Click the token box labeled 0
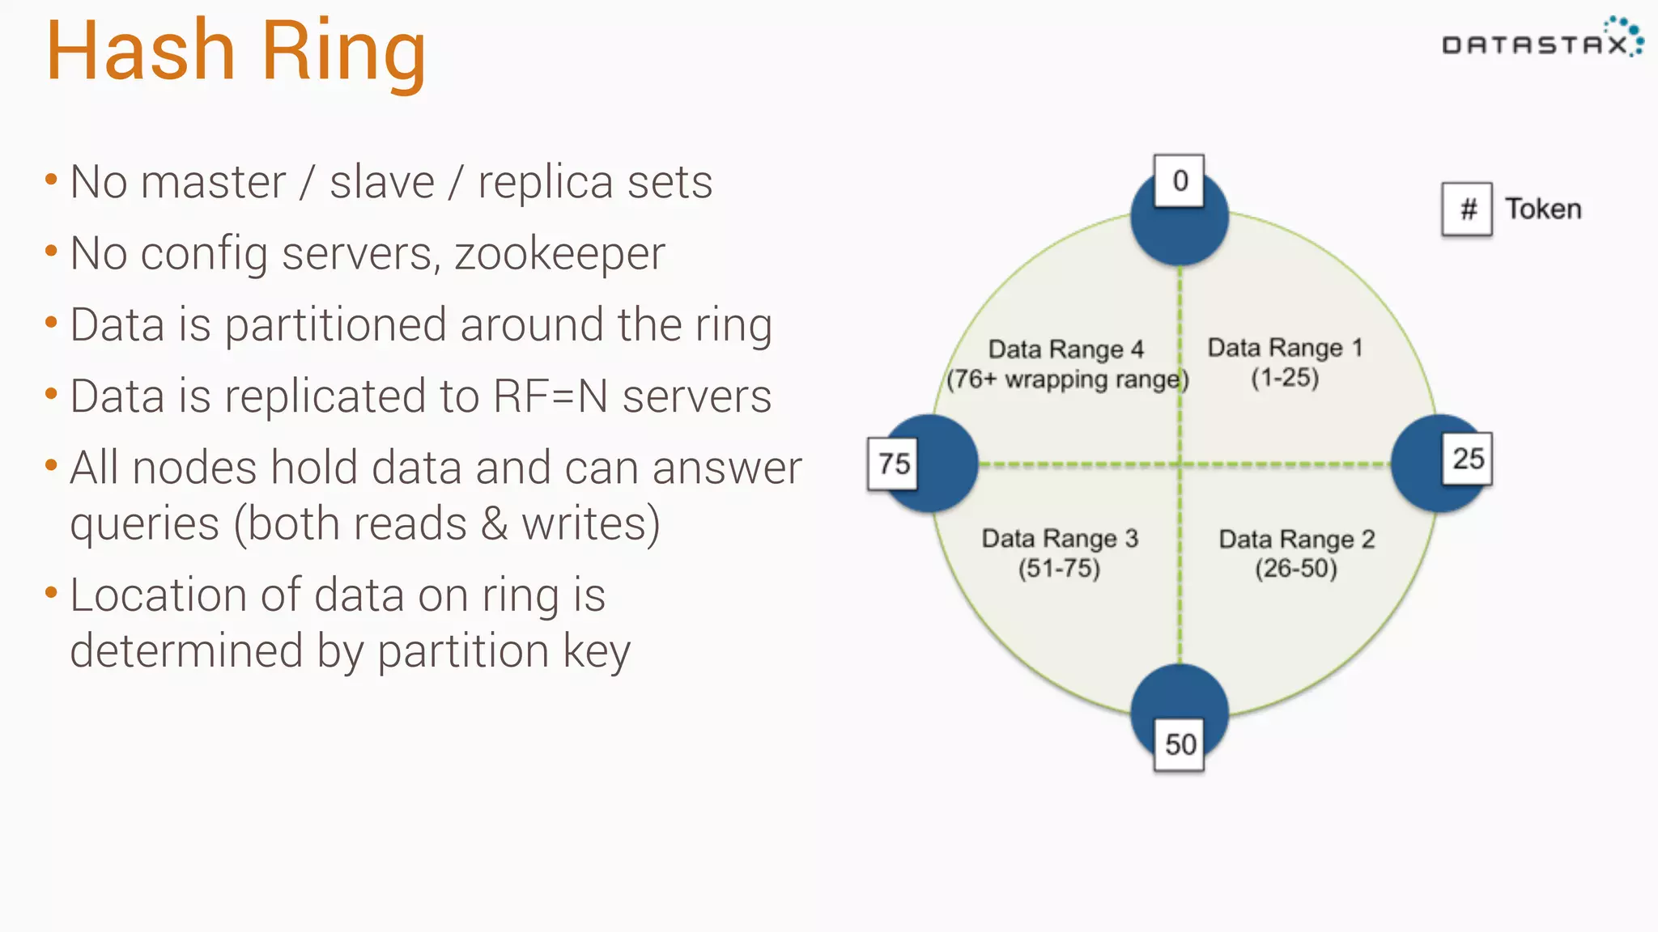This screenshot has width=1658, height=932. coord(1179,180)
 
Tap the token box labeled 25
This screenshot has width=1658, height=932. coord(1467,459)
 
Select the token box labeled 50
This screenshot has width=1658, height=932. coord(1179,743)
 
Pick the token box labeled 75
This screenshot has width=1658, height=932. coord(893,464)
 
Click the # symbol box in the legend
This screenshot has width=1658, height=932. coord(1467,210)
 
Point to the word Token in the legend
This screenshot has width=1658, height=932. coord(1543,210)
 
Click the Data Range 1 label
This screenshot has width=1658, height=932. coord(1285,348)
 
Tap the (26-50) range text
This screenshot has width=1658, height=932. coord(1296,568)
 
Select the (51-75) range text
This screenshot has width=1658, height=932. coord(1059,568)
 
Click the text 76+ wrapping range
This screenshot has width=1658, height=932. coord(1068,379)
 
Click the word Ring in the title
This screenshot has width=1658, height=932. coord(343,52)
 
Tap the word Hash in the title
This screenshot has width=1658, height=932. coord(141,52)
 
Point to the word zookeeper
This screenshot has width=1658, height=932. coord(559,254)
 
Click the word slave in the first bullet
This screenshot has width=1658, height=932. coord(381,182)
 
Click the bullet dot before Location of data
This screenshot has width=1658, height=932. coord(51,593)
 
